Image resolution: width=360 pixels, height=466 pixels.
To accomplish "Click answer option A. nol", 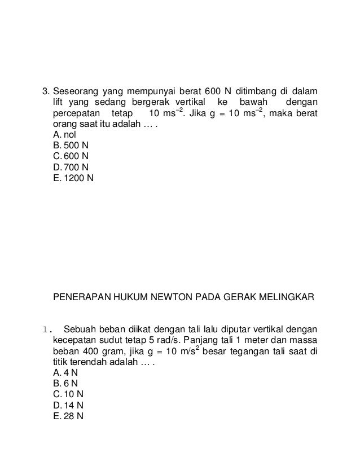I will [x=64, y=135].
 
